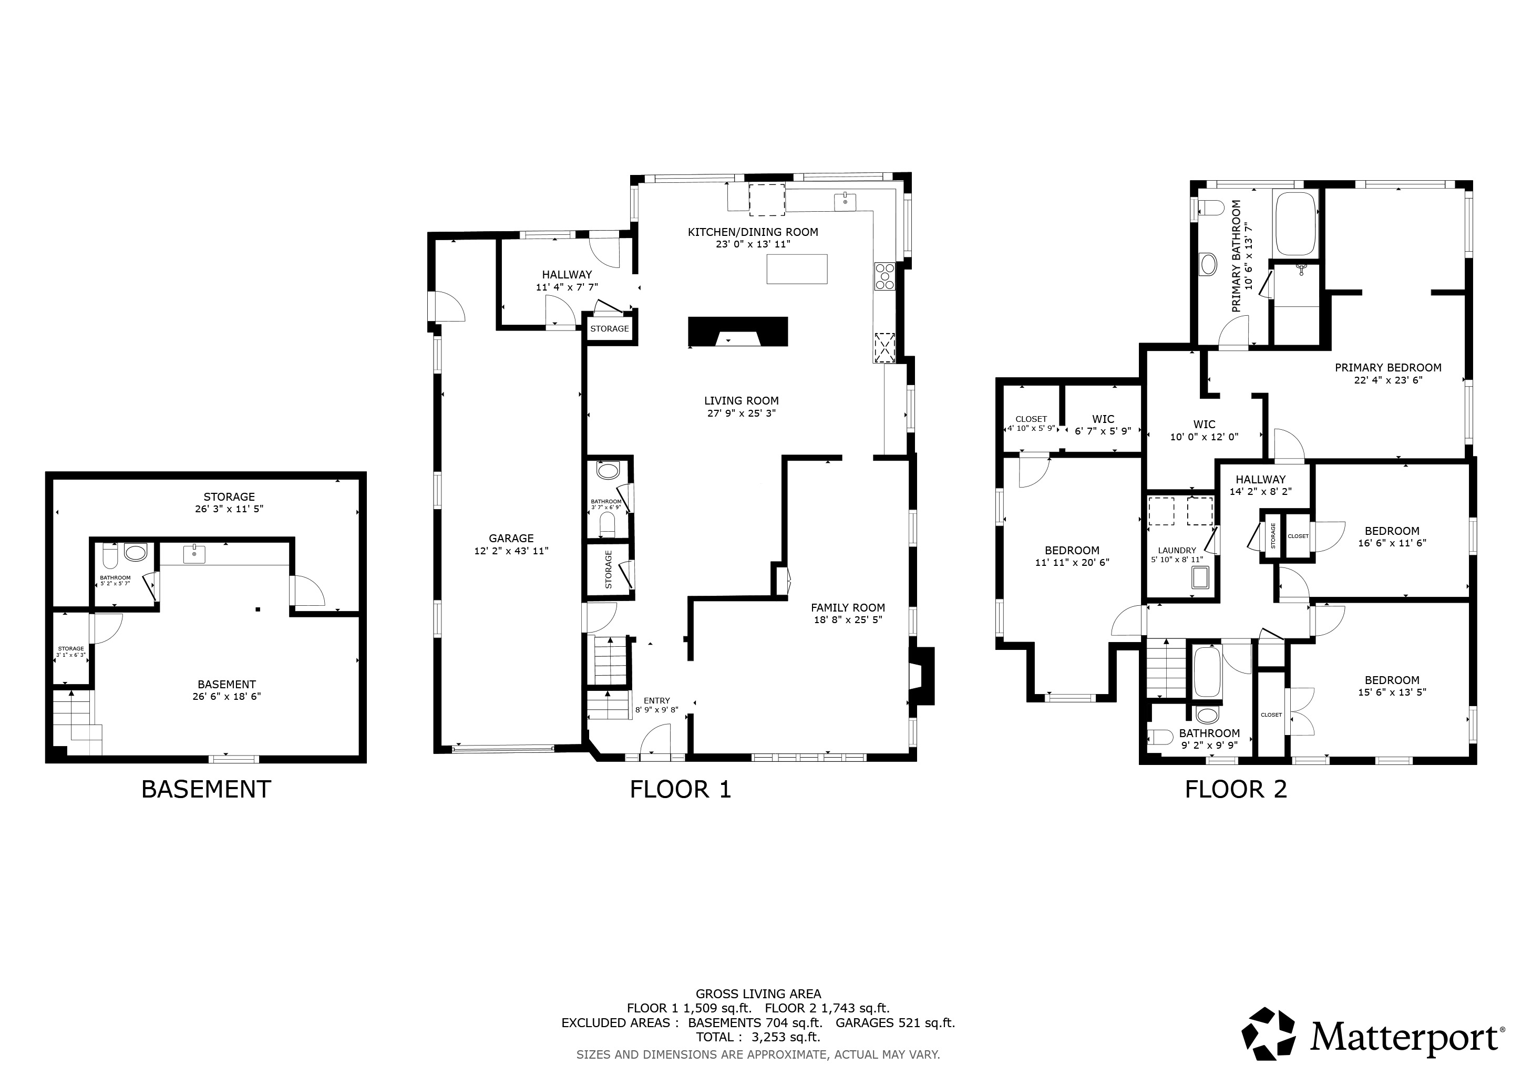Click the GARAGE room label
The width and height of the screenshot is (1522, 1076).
[x=511, y=539]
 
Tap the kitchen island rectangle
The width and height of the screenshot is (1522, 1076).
[x=797, y=269]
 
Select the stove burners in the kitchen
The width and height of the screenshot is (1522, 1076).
[x=885, y=276]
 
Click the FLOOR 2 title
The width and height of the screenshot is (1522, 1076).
[x=1236, y=789]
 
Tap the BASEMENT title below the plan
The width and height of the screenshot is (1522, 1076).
[x=206, y=789]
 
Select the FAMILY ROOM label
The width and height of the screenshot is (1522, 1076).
[x=848, y=607]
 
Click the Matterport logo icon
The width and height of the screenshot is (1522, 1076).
[x=1268, y=1038]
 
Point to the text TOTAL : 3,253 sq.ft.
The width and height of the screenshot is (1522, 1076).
[x=758, y=1037]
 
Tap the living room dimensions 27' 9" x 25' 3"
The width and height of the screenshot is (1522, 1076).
[x=741, y=413]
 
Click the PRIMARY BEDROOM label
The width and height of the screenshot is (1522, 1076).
[x=1388, y=368]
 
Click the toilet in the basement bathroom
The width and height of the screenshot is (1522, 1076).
[x=110, y=556]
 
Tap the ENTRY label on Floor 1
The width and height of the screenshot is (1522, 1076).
[x=657, y=700]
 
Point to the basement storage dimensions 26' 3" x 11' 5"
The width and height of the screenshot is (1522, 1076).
[x=229, y=509]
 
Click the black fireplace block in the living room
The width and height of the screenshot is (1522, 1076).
[x=738, y=332]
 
